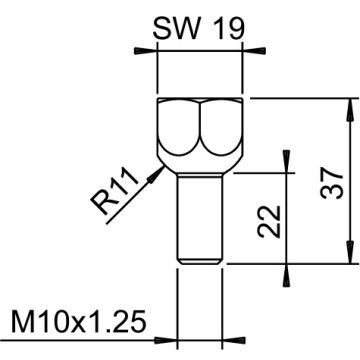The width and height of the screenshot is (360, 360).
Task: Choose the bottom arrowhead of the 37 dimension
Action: pos(350,256)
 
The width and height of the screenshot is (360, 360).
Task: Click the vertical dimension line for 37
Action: pos(350,180)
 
